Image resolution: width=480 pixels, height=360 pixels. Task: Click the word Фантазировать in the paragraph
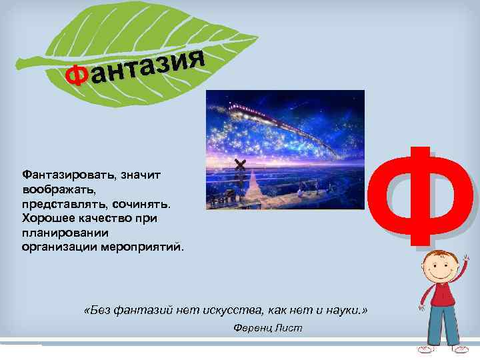coord(67,174)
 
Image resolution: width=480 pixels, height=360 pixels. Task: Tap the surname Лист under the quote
coord(289,327)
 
